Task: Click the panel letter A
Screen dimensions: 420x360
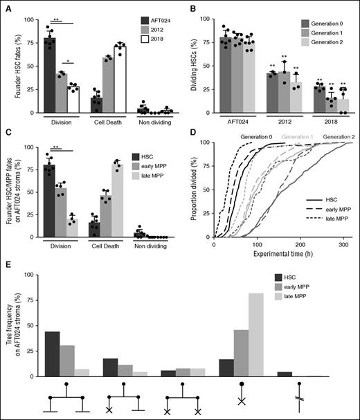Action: (6, 7)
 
